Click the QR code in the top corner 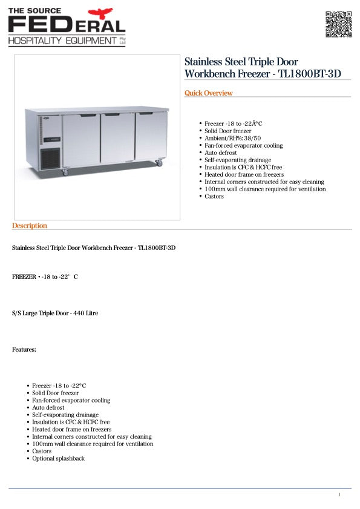pos(338,24)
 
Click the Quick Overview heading pos(208,93)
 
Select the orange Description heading pos(29,226)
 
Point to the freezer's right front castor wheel pos(160,163)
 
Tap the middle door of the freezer pos(117,139)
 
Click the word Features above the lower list pos(24,350)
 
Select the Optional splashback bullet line pos(58,458)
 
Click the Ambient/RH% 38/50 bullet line pos(235,138)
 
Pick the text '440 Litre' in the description pos(85,314)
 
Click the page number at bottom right pos(339,494)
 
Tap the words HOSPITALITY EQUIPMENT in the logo pos(62,41)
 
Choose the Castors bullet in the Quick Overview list pos(214,196)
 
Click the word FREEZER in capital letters pos(24,277)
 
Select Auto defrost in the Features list pos(48,407)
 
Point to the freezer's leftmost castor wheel pos(65,172)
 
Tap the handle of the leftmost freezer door pos(88,115)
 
